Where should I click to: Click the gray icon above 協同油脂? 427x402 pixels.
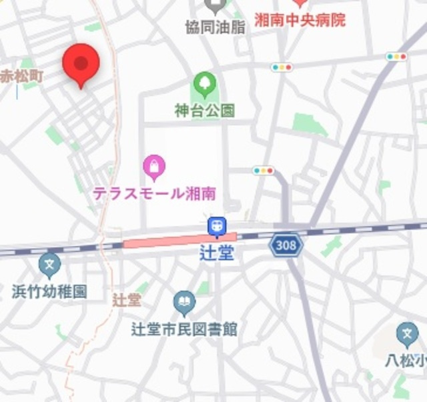215,7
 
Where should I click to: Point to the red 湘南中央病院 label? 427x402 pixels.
300,20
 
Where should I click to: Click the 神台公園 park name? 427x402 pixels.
205,111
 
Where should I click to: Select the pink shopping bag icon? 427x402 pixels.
154,168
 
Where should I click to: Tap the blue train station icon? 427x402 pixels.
217,227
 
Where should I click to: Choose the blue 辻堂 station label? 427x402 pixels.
217,253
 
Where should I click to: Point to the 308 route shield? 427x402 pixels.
286,246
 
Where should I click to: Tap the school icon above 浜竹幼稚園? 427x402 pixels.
49,265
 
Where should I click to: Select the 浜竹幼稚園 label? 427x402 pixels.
49,291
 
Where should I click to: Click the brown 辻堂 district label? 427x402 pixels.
127,299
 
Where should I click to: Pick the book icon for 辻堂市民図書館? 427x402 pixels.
184,303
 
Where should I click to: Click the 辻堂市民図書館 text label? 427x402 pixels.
184,329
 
